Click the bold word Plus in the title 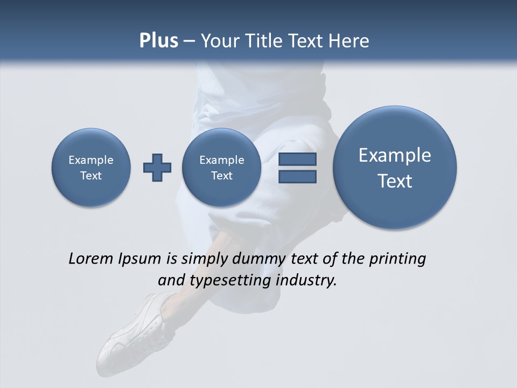pyautogui.click(x=158, y=41)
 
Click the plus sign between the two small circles pyautogui.click(x=157, y=168)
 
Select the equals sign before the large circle pyautogui.click(x=297, y=168)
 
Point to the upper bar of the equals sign pyautogui.click(x=297, y=159)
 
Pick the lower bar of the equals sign pyautogui.click(x=297, y=176)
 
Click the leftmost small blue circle pyautogui.click(x=91, y=168)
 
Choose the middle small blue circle pyautogui.click(x=221, y=168)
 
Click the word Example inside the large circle pyautogui.click(x=395, y=155)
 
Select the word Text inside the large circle pyautogui.click(x=395, y=181)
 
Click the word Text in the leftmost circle pyautogui.click(x=91, y=176)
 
